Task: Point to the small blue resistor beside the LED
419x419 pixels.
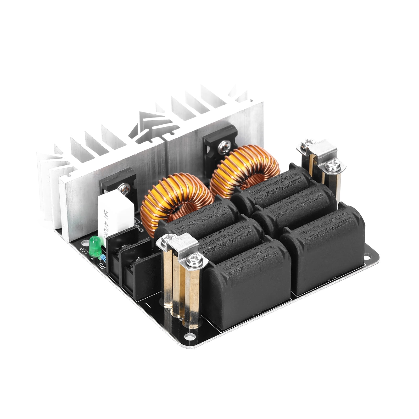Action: point(104,258)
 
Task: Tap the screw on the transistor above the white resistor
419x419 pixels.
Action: point(124,188)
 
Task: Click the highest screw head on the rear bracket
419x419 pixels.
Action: point(305,143)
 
